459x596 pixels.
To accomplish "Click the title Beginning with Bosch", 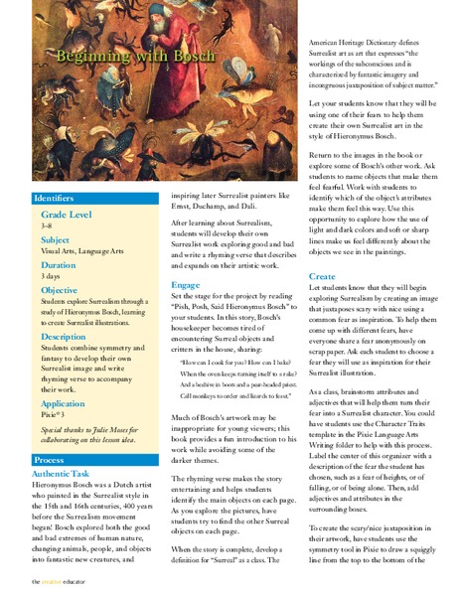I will point(111,59).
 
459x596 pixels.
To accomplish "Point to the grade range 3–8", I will point(48,226).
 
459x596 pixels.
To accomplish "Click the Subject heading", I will point(56,240).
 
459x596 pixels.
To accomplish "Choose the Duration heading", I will point(59,266).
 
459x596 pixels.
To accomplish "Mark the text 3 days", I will point(52,278).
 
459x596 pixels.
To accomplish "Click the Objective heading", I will point(61,291).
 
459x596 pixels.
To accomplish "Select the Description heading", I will point(65,337).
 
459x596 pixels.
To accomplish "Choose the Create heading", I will point(322,276).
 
